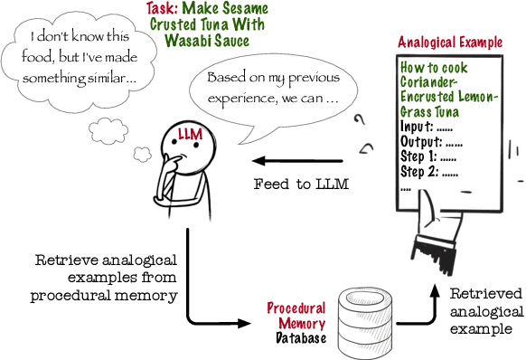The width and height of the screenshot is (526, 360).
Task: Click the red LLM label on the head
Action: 191,136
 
